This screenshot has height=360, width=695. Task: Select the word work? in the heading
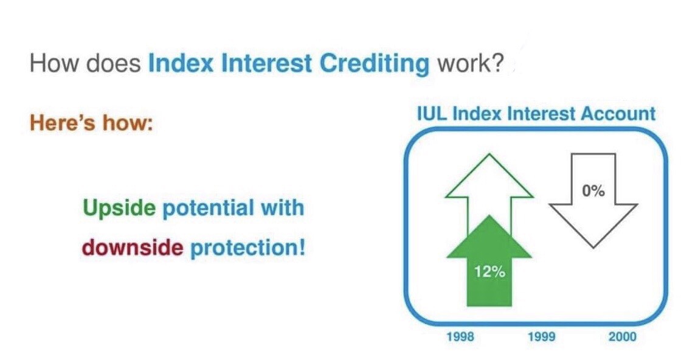click(x=471, y=64)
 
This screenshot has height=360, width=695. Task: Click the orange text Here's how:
click(x=91, y=123)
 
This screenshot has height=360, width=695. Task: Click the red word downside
click(x=133, y=247)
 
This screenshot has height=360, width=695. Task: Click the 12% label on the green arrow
click(x=489, y=272)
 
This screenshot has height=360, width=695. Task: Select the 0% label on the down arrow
click(x=593, y=191)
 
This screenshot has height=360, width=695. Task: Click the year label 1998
click(x=460, y=337)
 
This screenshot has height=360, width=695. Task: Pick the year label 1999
click(x=542, y=337)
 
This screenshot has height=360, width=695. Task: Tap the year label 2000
click(x=622, y=337)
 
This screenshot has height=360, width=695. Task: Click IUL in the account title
click(x=432, y=114)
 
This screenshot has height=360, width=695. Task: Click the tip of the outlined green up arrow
click(x=489, y=154)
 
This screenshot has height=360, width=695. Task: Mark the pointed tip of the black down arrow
click(x=593, y=247)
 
